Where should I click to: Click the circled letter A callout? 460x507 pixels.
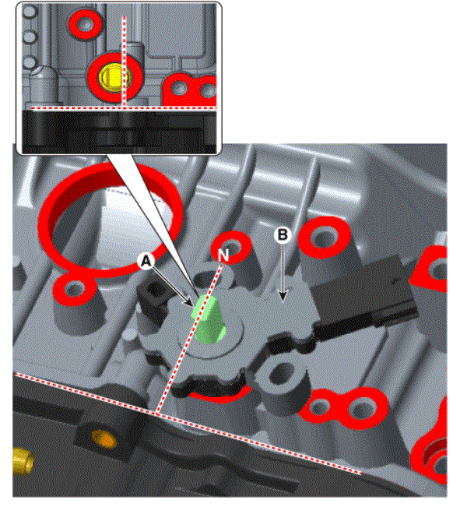tap(146, 261)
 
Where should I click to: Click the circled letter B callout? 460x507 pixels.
tap(283, 234)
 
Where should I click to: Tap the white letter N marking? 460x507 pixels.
tap(223, 255)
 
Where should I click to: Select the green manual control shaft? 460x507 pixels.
tap(208, 319)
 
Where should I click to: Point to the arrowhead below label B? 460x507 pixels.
tap(283, 295)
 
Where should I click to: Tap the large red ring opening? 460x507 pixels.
tap(109, 220)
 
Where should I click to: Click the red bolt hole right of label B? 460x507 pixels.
tap(324, 238)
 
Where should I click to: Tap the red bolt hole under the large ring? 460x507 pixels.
tap(75, 288)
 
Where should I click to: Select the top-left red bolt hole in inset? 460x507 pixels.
tap(86, 24)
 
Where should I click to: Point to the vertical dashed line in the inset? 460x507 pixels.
tap(124, 62)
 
